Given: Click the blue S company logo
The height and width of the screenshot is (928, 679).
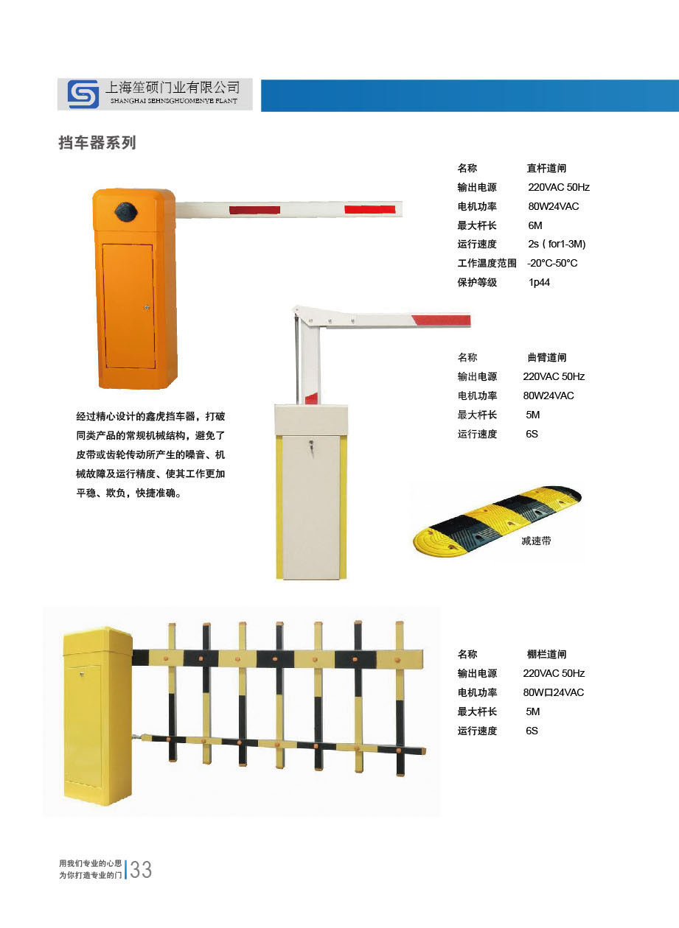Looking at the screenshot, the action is pos(83,94).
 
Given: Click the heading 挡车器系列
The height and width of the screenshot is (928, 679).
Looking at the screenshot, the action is pos(97,143).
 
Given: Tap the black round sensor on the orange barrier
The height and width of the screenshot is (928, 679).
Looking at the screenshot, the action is pos(127,211).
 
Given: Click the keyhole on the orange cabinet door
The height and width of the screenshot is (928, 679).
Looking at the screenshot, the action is pos(147,307).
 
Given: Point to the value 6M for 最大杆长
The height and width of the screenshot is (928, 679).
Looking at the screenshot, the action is pos(535,225).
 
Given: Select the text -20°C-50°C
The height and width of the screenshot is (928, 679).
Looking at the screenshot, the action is pos(552,263).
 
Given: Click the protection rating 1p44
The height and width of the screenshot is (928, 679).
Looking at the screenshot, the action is pos(539,282).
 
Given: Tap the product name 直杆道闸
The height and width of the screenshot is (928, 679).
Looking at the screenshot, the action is pos(546,168).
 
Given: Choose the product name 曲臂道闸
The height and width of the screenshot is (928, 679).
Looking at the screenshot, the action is pos(547,357).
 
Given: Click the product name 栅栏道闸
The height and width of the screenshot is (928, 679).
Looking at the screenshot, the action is pos(546,654).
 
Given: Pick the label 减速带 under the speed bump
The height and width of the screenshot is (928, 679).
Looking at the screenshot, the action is pos(536,541).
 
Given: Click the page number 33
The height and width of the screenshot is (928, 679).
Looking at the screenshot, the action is pos(141,869).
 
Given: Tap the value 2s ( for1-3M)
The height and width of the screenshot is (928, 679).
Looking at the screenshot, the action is pos(557,244).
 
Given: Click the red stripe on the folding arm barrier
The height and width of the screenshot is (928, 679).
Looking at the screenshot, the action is pos(442,320).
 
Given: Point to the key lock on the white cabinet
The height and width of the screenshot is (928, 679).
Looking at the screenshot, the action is pos(310,448).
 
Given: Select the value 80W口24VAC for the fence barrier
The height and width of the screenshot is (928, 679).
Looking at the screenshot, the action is pos(554,692).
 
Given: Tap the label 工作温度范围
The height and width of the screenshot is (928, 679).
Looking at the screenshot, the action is pos(487,263).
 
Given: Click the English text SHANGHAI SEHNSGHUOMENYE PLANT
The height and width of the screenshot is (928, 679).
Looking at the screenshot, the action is pos(174,101).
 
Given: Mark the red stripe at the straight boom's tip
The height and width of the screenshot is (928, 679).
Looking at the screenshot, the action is pos(369,210).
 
